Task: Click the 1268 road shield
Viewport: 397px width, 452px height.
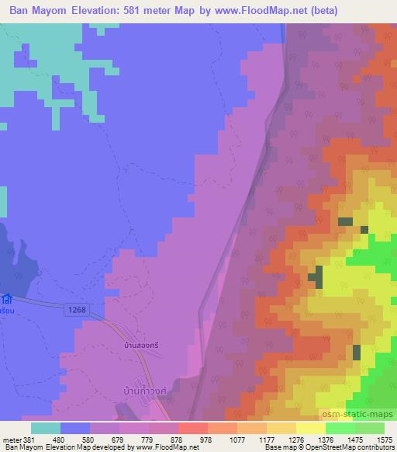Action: point(73,310)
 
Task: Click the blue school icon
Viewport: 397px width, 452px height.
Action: point(6,298)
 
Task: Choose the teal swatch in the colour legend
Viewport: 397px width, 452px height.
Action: point(46,428)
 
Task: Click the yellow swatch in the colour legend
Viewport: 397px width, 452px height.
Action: point(311,428)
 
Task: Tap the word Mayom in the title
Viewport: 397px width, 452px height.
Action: point(71,9)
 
